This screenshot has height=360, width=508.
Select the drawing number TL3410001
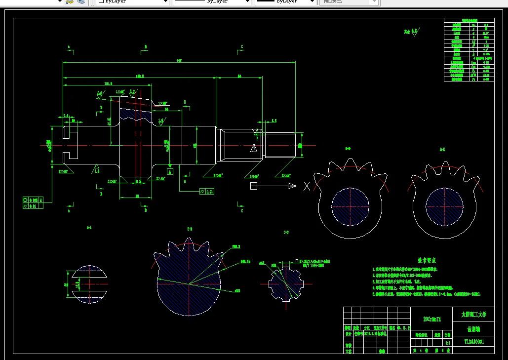[x=473, y=341]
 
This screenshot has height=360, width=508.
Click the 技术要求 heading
[x=427, y=260]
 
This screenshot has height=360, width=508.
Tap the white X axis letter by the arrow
[x=307, y=186]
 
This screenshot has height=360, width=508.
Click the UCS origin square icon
[x=254, y=186]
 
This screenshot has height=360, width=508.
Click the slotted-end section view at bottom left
[x=89, y=284]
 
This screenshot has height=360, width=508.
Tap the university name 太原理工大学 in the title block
[x=473, y=314]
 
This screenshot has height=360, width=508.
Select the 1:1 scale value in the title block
[x=448, y=342]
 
